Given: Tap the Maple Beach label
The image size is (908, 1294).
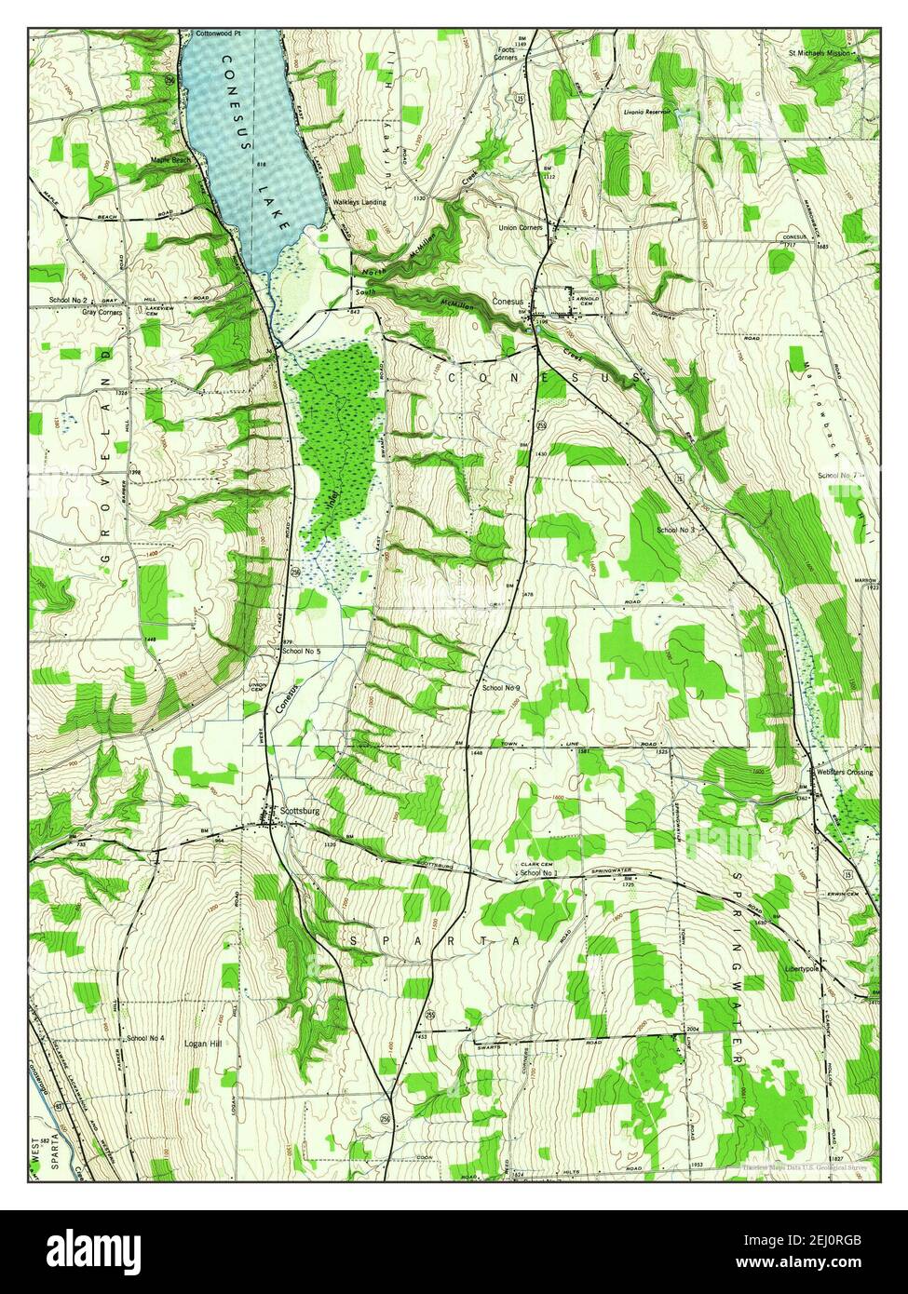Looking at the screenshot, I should [170, 160].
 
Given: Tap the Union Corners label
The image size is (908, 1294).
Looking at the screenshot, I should [521, 227].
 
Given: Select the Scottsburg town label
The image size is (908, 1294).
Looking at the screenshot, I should [299, 811].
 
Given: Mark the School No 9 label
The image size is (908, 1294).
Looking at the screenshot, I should [500, 687].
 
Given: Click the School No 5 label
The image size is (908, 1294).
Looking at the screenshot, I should [301, 651].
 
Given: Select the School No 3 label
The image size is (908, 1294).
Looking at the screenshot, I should [676, 530].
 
